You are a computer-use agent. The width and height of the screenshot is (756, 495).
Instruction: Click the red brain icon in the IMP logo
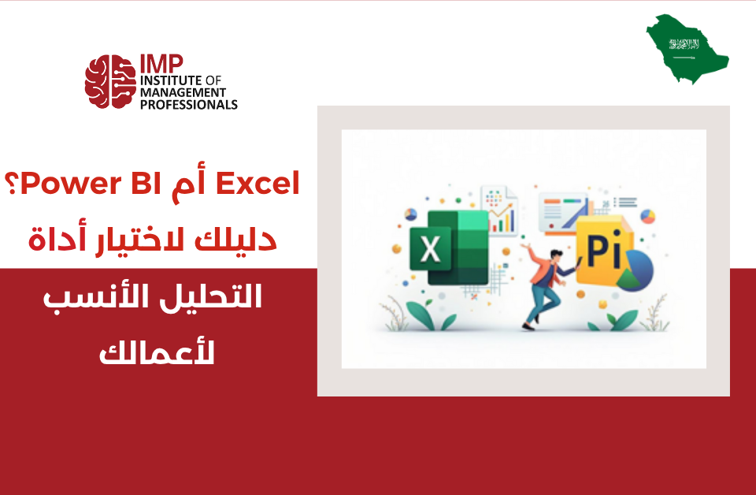pos(109,82)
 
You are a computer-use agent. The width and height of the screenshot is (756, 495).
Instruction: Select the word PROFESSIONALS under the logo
pos(188,104)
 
